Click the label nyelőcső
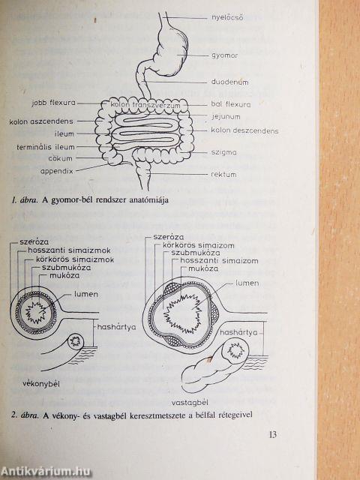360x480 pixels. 227,18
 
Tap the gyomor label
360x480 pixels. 224,55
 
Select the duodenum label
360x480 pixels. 229,82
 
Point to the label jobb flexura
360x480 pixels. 53,103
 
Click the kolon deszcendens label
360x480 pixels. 244,130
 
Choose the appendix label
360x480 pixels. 57,172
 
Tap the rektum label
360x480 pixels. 223,175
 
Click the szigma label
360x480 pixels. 223,152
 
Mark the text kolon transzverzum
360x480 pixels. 145,105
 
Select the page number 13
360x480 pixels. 273,434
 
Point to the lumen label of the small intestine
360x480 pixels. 86,295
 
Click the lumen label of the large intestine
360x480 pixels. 247,283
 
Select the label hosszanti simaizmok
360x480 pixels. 69,250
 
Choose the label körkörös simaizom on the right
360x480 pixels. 198,245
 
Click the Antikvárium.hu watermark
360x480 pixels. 46,472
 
